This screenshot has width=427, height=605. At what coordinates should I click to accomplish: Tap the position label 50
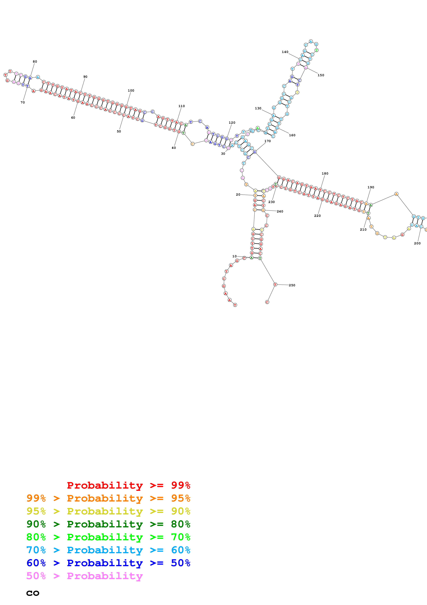point(119,131)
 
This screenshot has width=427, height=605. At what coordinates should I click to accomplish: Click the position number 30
point(223,154)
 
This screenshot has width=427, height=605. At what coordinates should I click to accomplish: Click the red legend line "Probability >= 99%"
point(128,485)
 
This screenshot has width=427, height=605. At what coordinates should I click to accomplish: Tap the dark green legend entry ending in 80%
point(108,524)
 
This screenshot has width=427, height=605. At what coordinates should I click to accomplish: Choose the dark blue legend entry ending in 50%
point(108,563)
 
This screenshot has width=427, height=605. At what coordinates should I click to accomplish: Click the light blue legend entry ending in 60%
point(108,550)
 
